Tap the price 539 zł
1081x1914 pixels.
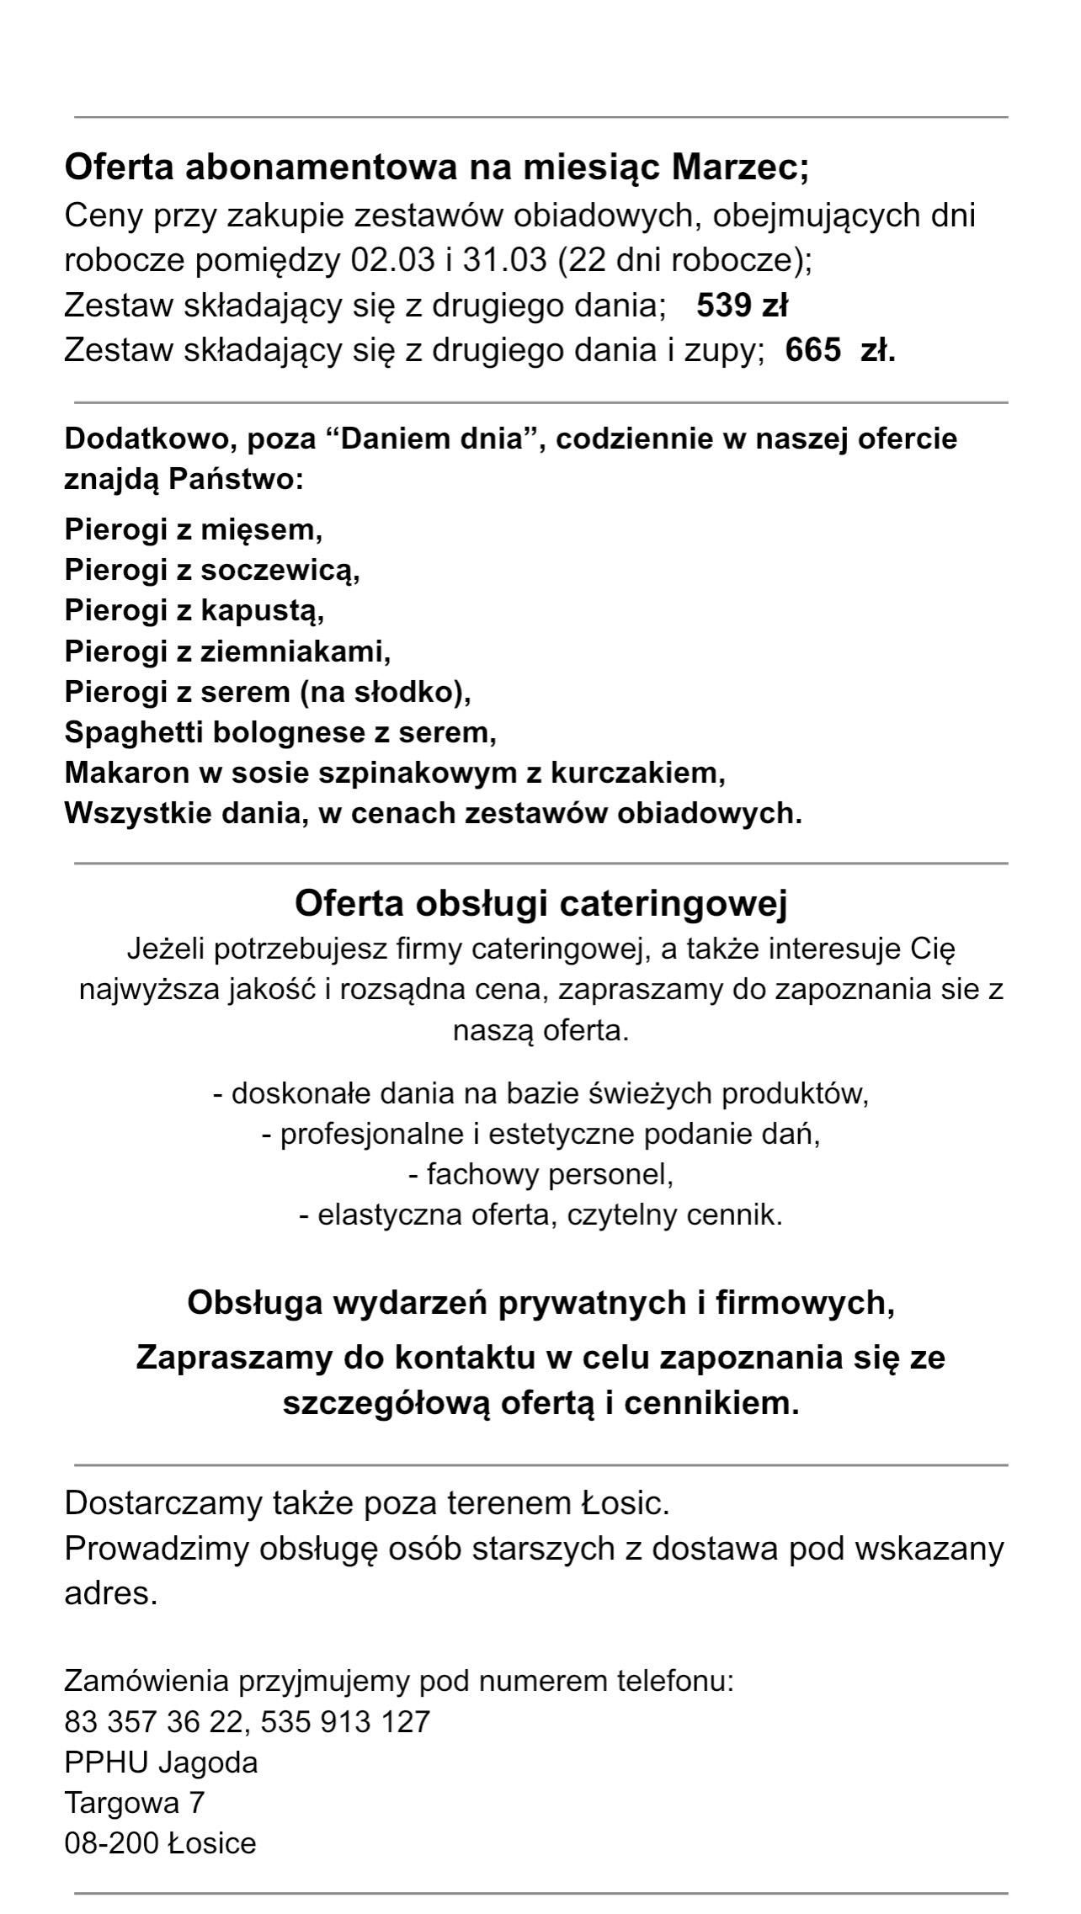pos(742,305)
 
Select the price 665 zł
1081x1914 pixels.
pos(839,349)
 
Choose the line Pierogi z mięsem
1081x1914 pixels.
pos(194,530)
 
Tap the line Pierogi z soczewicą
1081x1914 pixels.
pos(212,571)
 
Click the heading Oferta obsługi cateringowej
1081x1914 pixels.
pos(540,904)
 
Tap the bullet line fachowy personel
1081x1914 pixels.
pos(540,1174)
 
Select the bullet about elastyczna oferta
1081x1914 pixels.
pos(540,1215)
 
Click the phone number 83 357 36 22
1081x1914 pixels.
pos(152,1721)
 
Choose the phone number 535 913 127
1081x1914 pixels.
pos(345,1721)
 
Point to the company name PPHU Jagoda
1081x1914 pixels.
pos(161,1762)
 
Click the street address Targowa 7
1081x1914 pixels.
pos(135,1803)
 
